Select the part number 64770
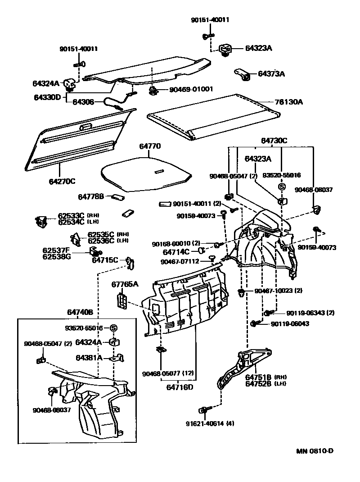point(150,146)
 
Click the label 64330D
point(46,97)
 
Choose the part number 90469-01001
point(191,90)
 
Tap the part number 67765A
point(125,284)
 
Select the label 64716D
point(180,387)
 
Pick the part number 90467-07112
point(179,261)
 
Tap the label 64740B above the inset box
point(80,312)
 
